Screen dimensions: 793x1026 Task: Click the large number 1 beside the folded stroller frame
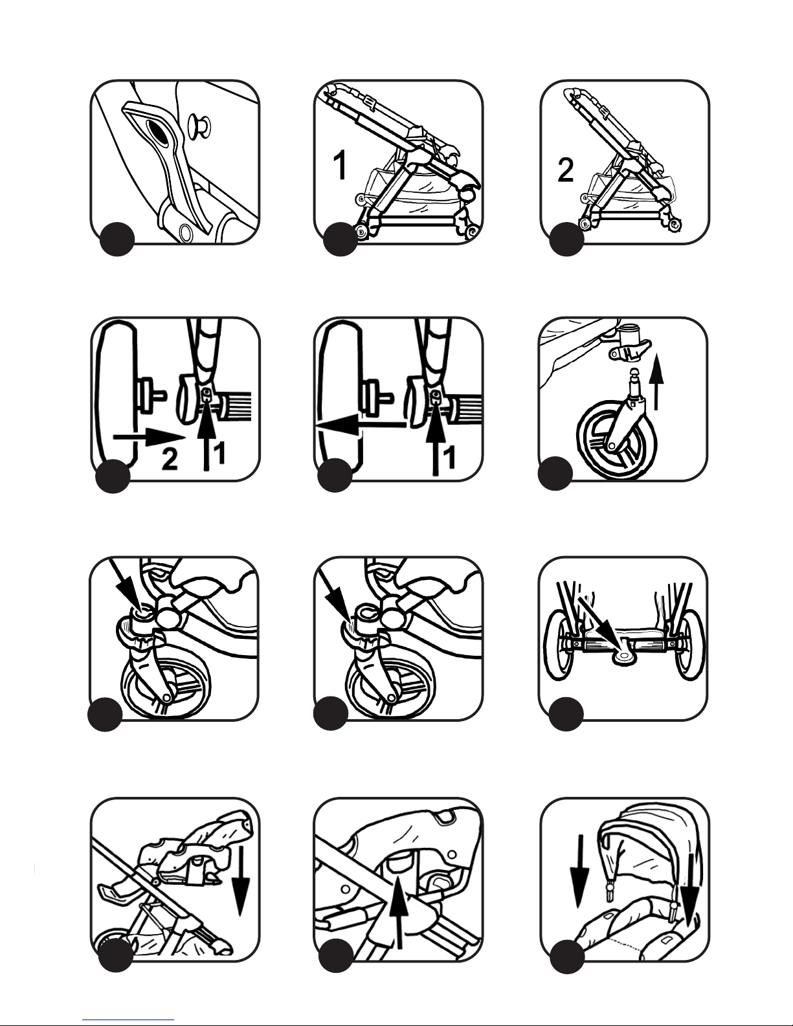coord(339,166)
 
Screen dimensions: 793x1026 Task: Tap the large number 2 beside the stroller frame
coord(565,170)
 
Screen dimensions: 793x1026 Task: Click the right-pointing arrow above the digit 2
coord(148,438)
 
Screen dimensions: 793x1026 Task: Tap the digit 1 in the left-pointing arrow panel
coord(448,458)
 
